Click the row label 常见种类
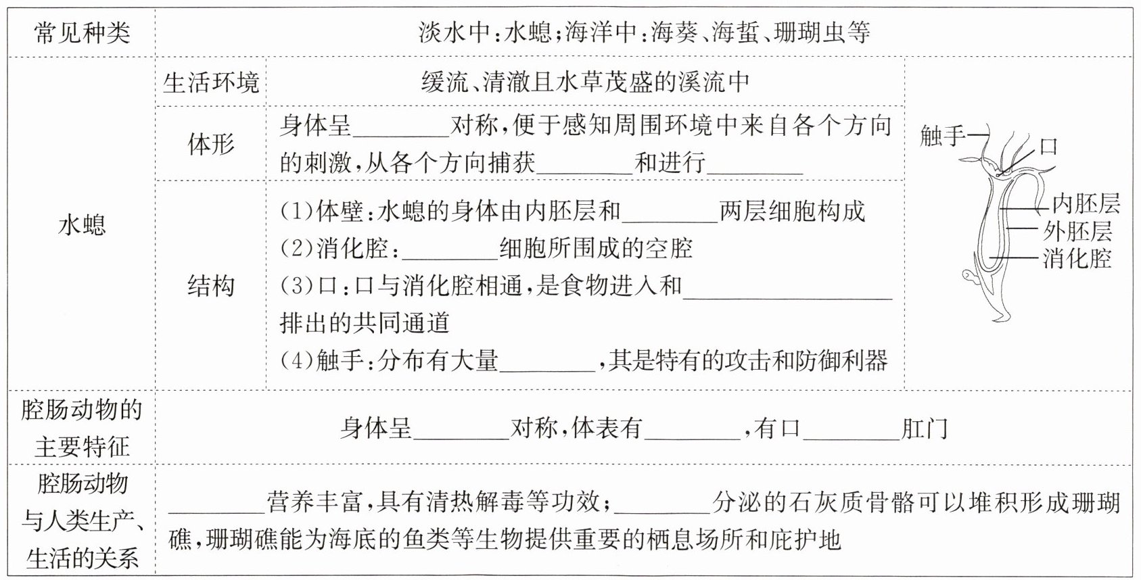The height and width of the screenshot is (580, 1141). click(x=82, y=32)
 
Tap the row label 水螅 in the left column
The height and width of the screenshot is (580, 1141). click(x=82, y=224)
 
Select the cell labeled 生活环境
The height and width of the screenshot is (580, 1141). click(x=211, y=82)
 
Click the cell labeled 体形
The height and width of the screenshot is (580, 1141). click(x=211, y=143)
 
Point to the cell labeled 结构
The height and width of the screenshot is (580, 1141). click(x=211, y=286)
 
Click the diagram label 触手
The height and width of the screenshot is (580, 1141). click(x=942, y=136)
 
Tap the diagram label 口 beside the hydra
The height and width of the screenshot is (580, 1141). click(x=1048, y=147)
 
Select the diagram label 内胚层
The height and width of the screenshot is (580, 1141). click(x=1086, y=203)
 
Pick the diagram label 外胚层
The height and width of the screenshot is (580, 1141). click(x=1077, y=231)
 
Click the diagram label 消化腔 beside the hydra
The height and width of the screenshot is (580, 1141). click(x=1077, y=258)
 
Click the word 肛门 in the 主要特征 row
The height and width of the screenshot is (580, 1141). click(x=925, y=429)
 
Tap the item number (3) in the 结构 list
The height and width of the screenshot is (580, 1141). click(x=296, y=286)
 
